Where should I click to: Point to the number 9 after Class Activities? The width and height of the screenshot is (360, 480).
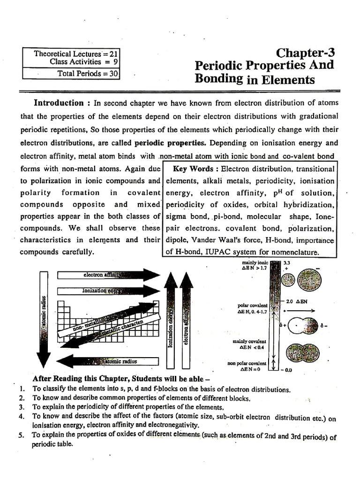[x=115, y=62]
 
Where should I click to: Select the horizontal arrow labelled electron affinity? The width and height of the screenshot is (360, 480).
[x=108, y=275]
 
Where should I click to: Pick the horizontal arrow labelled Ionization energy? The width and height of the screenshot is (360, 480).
[x=108, y=291]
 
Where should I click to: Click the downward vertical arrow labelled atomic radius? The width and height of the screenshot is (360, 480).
[x=43, y=319]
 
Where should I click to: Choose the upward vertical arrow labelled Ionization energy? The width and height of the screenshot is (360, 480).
[x=171, y=323]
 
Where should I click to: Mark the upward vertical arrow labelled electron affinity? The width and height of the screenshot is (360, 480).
[x=186, y=323]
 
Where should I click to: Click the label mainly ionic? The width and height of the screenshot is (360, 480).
[x=255, y=266]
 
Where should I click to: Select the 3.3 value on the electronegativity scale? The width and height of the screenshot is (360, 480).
[x=287, y=263]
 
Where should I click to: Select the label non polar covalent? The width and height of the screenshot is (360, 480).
[x=247, y=363]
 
